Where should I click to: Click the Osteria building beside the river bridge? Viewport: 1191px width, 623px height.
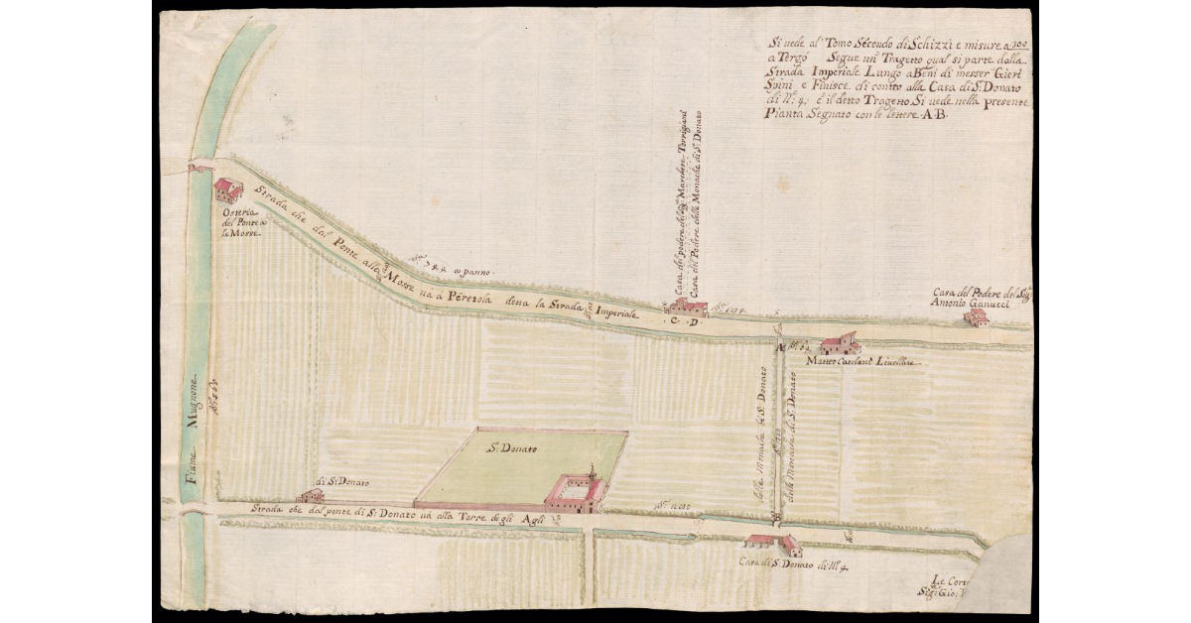227,189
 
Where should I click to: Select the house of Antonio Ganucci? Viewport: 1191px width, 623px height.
977,317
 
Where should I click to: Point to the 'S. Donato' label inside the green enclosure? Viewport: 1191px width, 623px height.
512,450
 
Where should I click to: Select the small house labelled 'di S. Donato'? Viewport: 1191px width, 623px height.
312,495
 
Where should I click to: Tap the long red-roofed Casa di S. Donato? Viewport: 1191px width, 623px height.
773,544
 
